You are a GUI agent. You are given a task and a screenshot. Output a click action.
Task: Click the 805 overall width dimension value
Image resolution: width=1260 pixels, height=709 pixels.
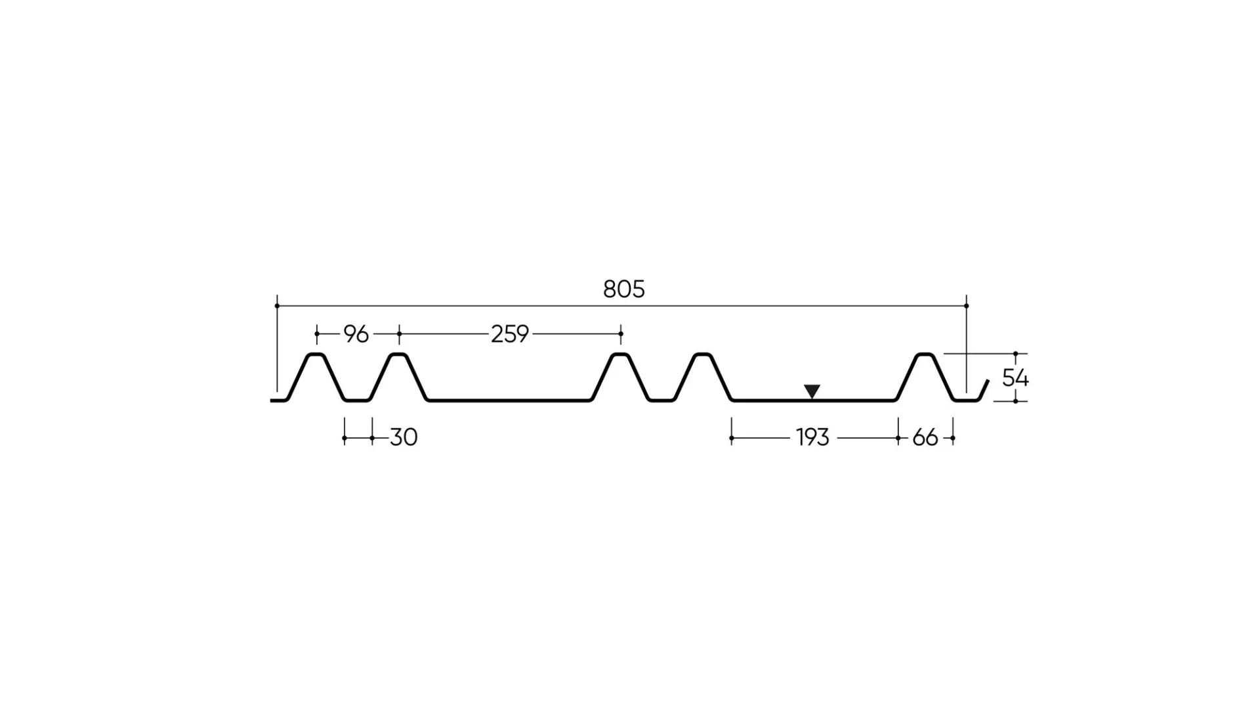click(623, 289)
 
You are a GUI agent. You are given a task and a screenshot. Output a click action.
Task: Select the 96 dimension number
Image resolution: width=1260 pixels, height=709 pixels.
click(356, 334)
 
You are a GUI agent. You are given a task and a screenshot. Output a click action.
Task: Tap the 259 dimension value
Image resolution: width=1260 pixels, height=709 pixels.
click(510, 334)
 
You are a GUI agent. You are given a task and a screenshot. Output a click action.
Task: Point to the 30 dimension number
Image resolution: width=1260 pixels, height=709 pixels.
click(404, 437)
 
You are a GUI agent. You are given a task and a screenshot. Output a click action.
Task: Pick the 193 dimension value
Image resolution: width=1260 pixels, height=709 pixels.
click(813, 437)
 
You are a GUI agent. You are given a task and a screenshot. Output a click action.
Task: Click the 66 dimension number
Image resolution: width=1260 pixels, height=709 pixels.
click(925, 437)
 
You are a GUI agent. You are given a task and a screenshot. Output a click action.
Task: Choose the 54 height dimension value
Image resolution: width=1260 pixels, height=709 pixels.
click(1015, 377)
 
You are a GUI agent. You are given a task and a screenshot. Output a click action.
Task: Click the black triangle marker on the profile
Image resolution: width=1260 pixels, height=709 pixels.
click(812, 391)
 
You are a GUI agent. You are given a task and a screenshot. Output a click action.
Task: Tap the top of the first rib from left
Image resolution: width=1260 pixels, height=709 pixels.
click(316, 354)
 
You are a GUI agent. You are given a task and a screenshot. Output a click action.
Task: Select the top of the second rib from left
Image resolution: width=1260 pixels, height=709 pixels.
click(398, 354)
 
